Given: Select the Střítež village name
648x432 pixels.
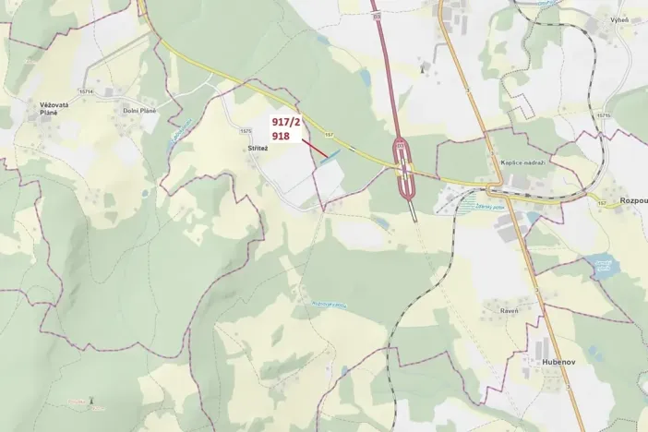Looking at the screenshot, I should (256, 148).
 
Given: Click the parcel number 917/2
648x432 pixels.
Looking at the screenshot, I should (285, 122).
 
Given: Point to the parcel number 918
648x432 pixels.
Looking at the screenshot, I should (281, 136).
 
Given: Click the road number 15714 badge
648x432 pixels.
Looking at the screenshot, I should (88, 91).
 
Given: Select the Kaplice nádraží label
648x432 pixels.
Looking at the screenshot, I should (523, 162).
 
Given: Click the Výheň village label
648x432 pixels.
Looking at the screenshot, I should (618, 19).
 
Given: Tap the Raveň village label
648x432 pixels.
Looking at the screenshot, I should (509, 311).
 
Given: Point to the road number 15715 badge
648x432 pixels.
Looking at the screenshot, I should (603, 115).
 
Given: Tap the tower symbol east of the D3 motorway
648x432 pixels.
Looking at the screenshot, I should (423, 66).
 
